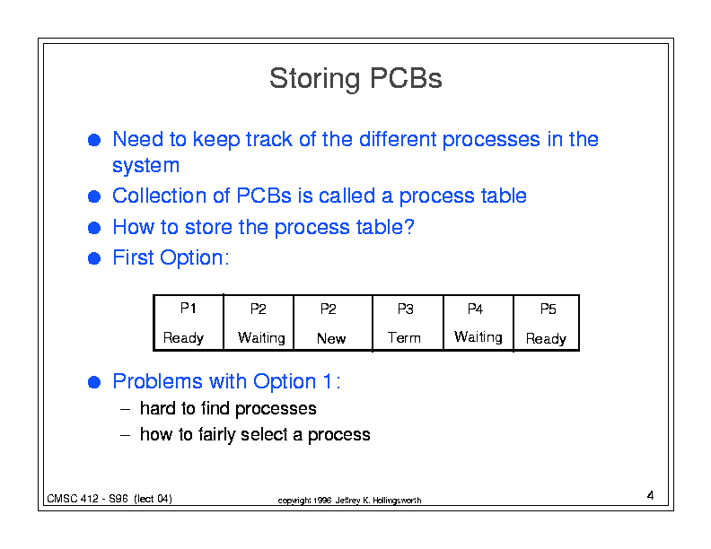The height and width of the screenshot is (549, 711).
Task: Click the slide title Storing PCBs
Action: coord(355,79)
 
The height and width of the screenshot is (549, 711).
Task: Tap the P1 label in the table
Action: coord(189,308)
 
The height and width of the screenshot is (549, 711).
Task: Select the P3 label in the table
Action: coord(406,309)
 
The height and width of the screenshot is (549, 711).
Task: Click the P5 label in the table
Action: coord(548,309)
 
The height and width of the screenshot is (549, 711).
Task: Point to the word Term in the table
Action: coord(404,338)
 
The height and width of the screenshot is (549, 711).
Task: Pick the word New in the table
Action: coord(331,338)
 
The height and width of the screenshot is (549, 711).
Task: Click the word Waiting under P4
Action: coord(478,337)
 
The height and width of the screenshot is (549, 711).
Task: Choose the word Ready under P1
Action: coord(183,338)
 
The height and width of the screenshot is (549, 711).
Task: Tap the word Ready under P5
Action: coord(546,339)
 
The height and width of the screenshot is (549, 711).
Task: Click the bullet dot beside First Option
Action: coord(94,258)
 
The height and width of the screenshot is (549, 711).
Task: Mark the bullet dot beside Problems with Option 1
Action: coord(94,382)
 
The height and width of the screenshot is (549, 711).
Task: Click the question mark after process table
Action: coord(409,226)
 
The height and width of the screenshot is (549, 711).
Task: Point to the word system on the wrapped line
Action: coord(145,166)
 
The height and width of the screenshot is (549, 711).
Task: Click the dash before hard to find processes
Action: coord(125,409)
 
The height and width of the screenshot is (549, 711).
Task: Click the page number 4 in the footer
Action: coord(650,495)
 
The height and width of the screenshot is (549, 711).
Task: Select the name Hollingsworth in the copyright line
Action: coord(397,501)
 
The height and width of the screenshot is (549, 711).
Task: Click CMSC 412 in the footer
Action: coord(73,499)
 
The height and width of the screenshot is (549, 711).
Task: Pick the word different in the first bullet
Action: coord(398,139)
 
